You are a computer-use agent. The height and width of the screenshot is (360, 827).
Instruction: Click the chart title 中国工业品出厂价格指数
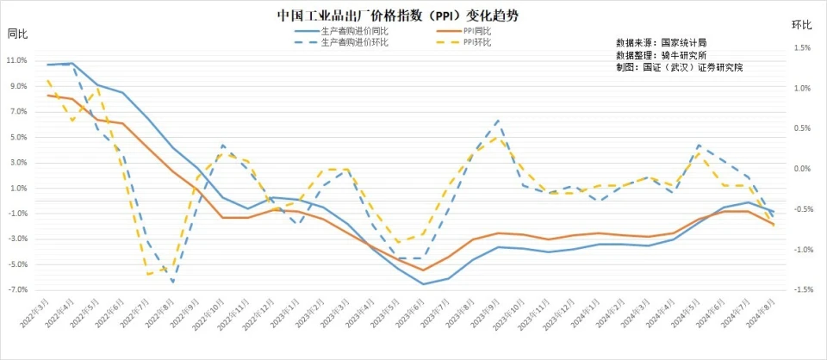click(x=398, y=16)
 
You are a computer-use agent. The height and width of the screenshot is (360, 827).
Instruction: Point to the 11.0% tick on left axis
click(x=17, y=61)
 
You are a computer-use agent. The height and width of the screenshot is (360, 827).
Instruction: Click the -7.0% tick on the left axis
click(x=17, y=289)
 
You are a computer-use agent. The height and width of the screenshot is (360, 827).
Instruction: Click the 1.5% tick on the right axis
click(x=801, y=48)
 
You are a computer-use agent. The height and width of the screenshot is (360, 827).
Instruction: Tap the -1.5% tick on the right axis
click(x=801, y=290)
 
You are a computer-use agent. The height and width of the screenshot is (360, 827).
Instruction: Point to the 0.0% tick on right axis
click(x=801, y=169)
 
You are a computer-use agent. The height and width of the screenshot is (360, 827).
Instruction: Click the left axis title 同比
click(x=17, y=34)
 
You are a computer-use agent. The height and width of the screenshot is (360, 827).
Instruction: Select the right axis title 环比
click(x=801, y=26)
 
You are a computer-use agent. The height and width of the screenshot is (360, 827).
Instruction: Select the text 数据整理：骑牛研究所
click(x=661, y=53)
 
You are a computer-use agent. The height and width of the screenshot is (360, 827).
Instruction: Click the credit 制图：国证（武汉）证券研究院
click(x=679, y=66)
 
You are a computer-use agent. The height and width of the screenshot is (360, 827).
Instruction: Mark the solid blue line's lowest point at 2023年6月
click(x=423, y=283)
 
